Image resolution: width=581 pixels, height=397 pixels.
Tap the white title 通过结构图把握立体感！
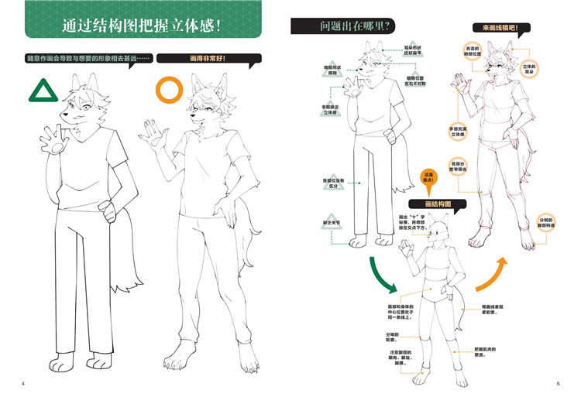coord(144,25)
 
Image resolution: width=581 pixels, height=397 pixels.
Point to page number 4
coord(23,384)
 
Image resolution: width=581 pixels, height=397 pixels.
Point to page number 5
coord(557,384)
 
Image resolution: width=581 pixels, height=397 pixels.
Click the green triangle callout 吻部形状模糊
coord(334,70)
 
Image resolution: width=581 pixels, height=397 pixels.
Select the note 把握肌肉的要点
coord(485,350)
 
